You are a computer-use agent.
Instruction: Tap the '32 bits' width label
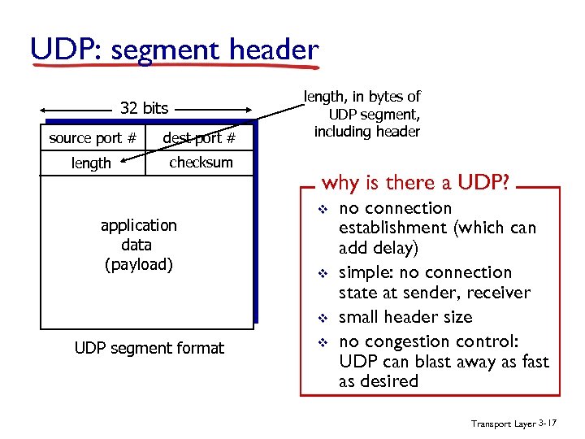144,107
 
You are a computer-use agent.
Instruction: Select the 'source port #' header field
93,138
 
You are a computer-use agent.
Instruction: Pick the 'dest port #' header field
199,138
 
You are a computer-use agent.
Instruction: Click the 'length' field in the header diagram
91,163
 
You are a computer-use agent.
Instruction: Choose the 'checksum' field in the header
201,163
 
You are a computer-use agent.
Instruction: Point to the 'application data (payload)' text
138,244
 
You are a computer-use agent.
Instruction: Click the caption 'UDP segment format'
149,348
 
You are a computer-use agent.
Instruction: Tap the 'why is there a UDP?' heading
416,182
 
